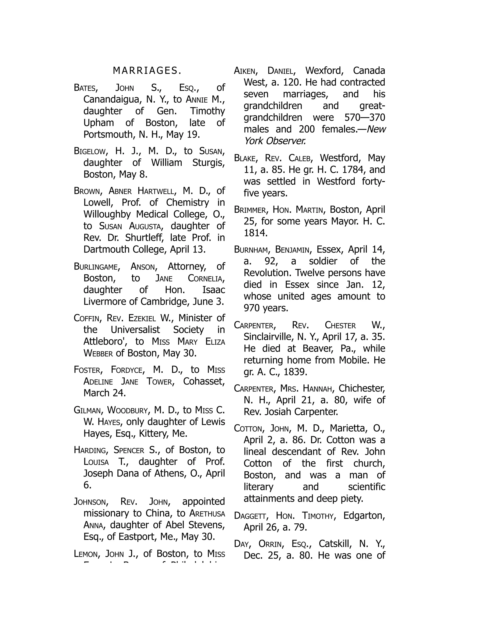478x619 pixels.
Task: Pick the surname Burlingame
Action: (96, 267)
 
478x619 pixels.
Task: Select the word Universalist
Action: (135, 330)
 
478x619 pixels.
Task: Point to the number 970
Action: (251, 308)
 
